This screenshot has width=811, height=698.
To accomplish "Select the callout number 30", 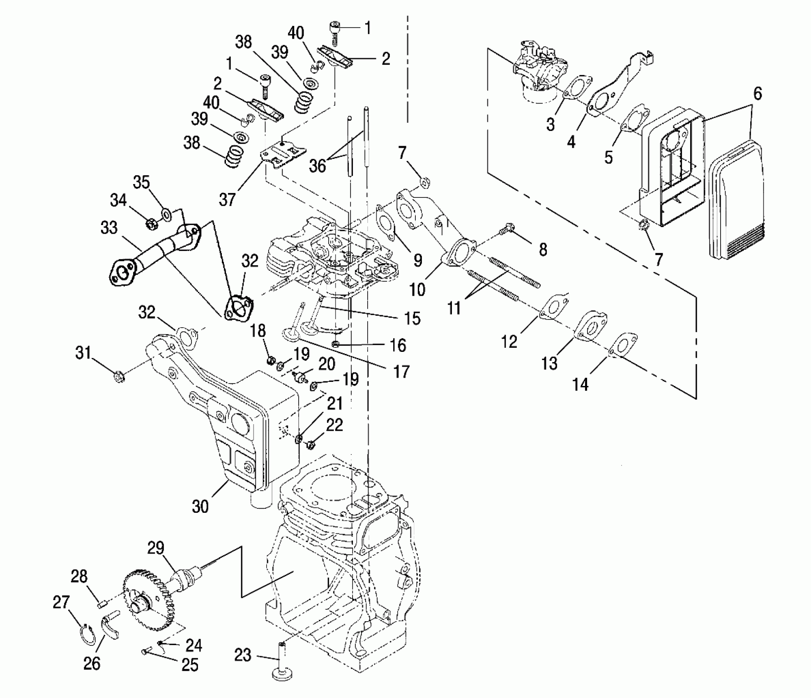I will click(200, 507).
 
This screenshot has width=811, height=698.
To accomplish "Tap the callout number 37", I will click(227, 200).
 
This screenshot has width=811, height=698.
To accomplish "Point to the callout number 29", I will click(156, 548).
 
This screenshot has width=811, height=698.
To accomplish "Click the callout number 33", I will click(109, 228).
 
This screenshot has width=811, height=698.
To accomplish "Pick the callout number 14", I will click(580, 385).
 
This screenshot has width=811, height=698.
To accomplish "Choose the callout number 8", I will click(543, 249).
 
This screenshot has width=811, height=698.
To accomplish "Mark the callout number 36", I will click(317, 166).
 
